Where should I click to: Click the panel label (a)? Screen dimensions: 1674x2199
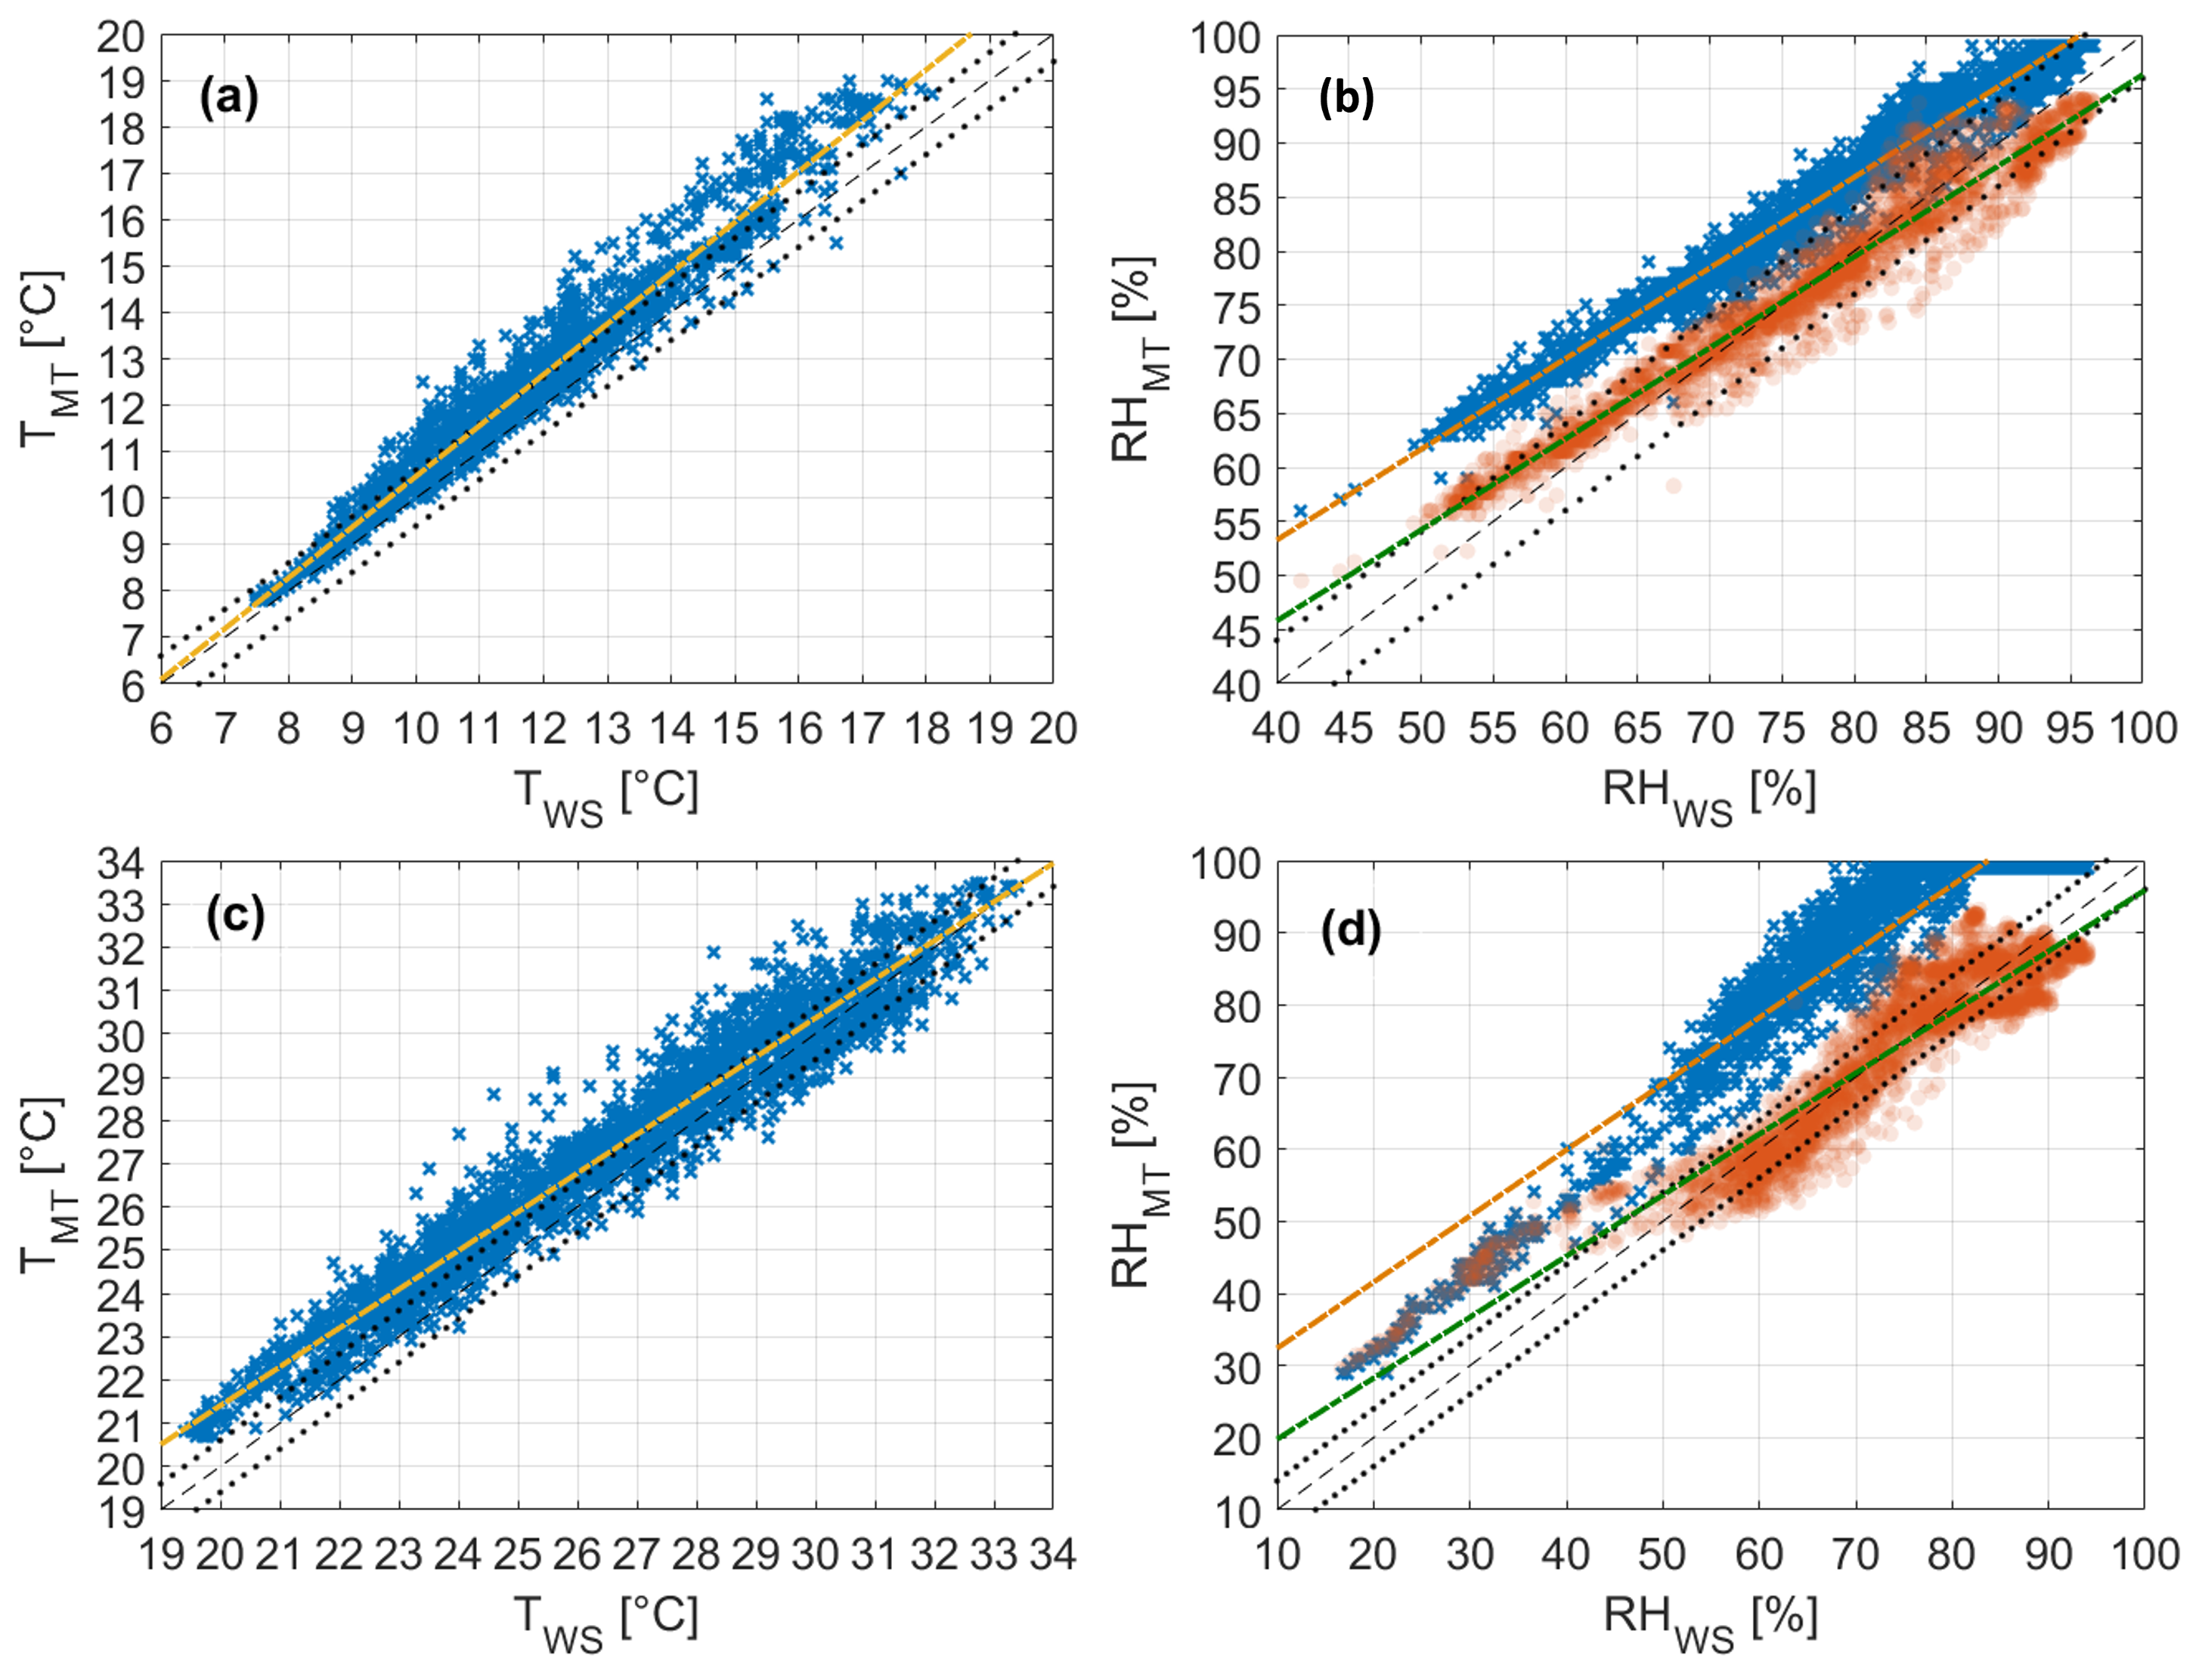coord(229,100)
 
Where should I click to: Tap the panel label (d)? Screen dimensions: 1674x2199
coord(1351,931)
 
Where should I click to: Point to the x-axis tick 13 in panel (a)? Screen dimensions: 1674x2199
coord(607,730)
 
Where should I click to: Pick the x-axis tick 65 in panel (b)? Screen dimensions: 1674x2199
coord(1637,730)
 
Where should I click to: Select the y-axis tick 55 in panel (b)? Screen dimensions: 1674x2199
coord(1236,522)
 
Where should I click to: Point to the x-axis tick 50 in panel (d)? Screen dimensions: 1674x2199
coord(1662,1555)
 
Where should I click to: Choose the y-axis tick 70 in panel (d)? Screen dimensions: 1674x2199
coord(1236,1078)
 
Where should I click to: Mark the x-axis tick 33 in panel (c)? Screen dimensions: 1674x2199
coord(994,1555)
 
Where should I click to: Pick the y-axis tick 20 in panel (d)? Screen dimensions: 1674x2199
coord(1236,1440)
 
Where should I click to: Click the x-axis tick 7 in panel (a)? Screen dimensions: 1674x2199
coord(225,730)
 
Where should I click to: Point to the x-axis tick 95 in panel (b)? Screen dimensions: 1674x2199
coord(2070,730)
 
